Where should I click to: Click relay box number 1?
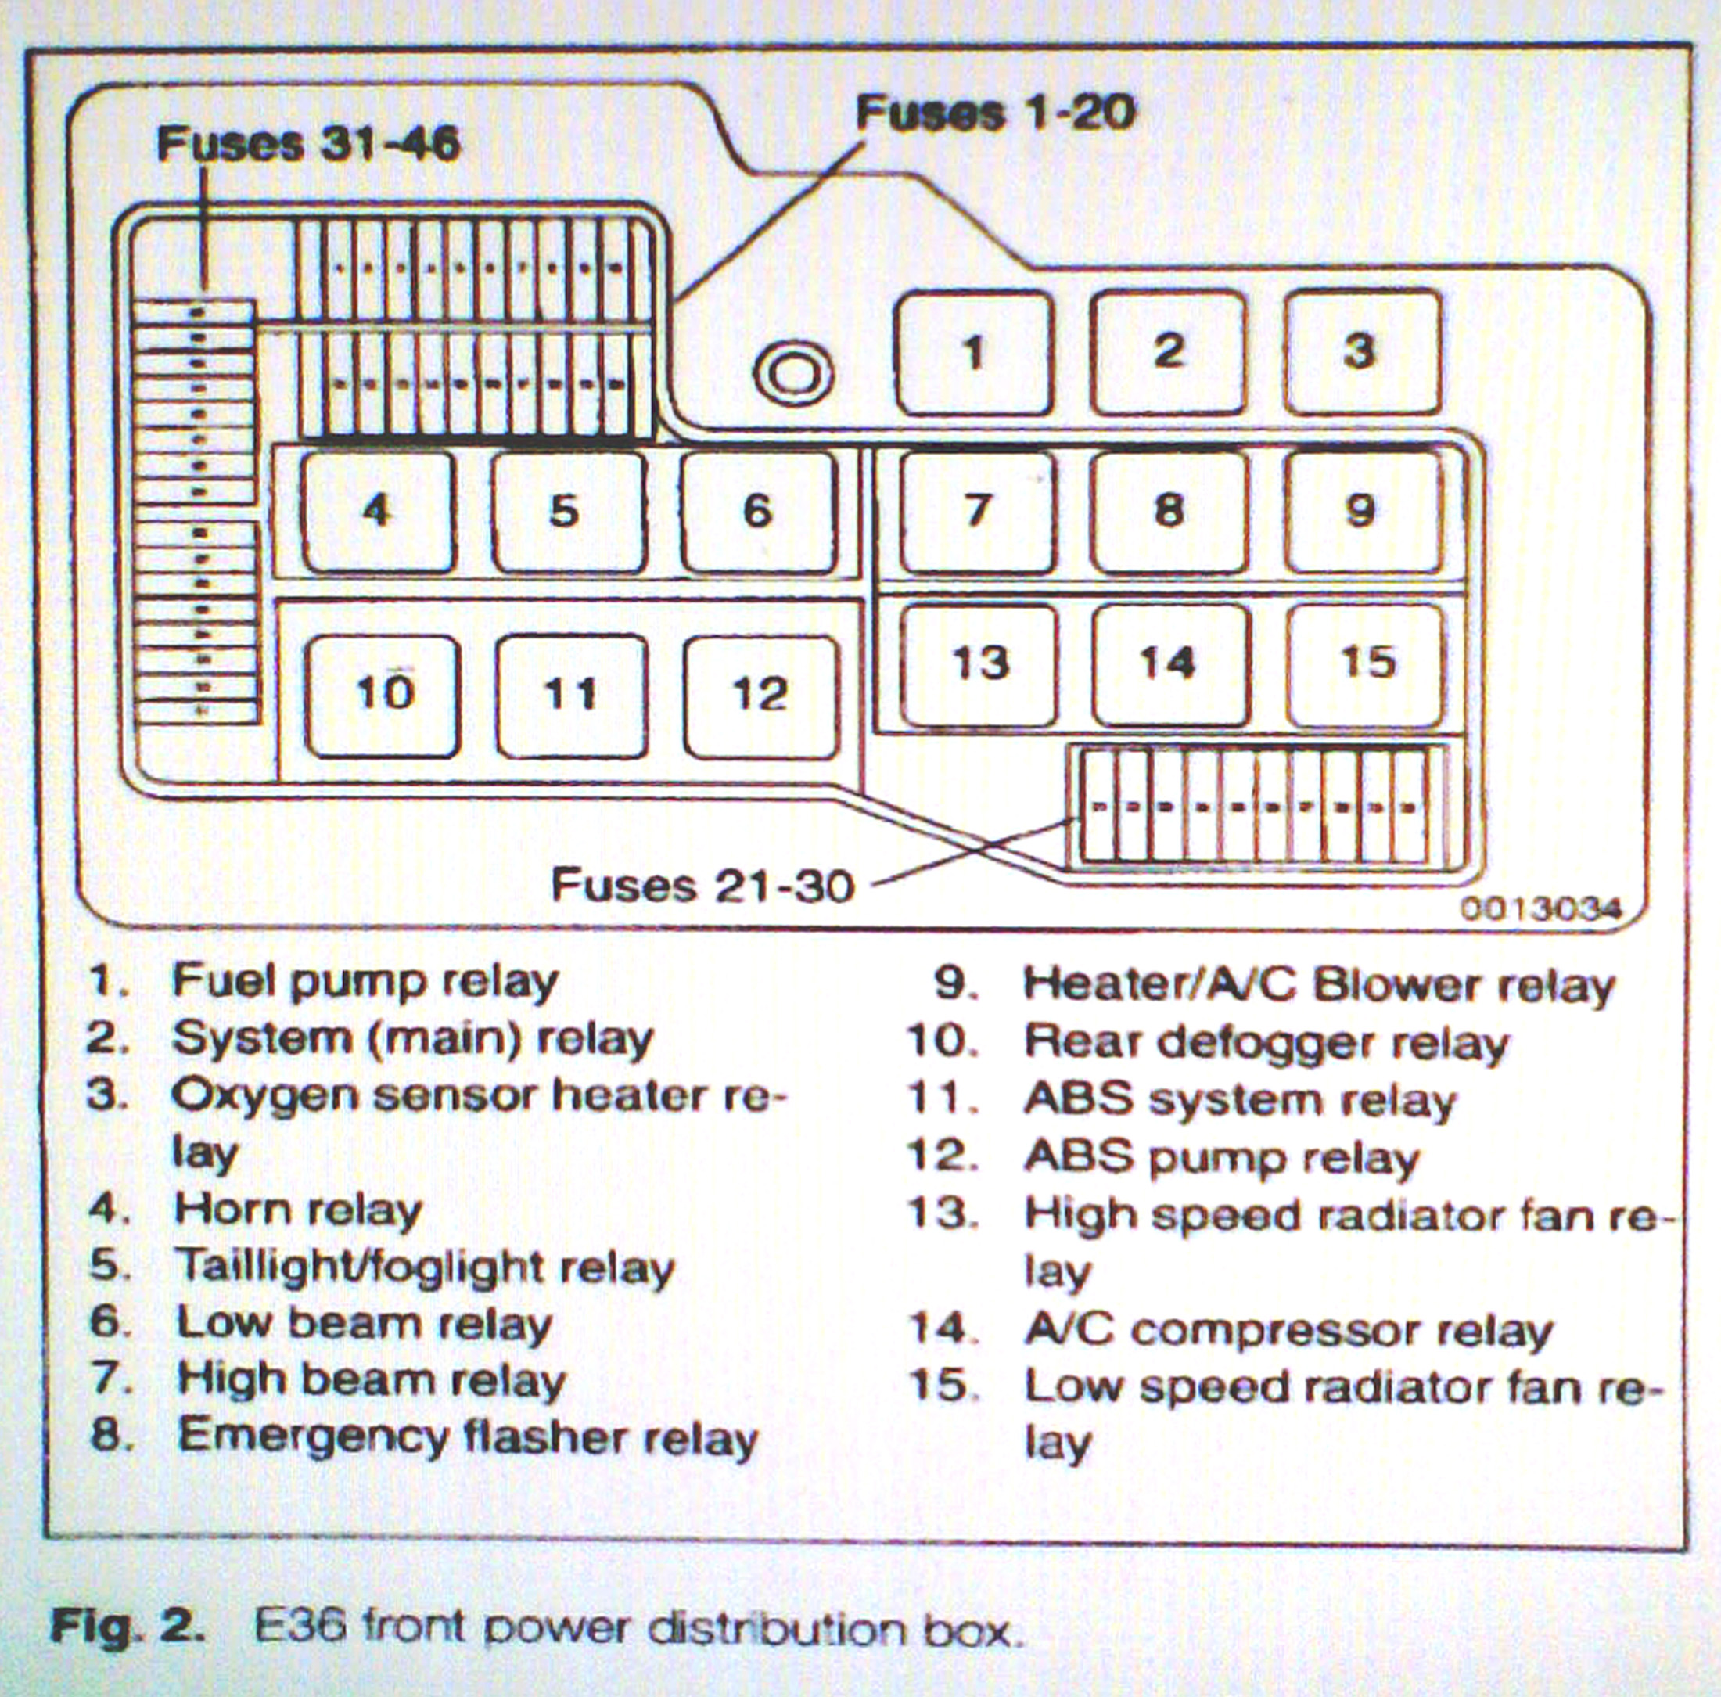coord(974,353)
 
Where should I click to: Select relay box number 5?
coord(567,512)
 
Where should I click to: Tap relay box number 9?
coord(1363,512)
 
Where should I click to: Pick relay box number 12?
coord(762,696)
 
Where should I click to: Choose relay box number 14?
coord(1170,664)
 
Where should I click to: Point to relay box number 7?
coord(977,512)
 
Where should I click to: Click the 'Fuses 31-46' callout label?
coord(308,143)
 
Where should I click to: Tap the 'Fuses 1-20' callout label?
coord(995,113)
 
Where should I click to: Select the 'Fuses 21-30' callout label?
coord(702,886)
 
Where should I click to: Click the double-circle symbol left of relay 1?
coord(792,372)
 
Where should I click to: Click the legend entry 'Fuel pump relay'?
coord(365,982)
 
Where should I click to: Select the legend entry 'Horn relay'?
coord(298,1210)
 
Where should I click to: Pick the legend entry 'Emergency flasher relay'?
coord(468,1437)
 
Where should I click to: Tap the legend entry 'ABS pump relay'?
coord(1221,1157)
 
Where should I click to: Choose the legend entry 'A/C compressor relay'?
coord(1289,1331)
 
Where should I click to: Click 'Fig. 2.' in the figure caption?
coord(128,1628)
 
